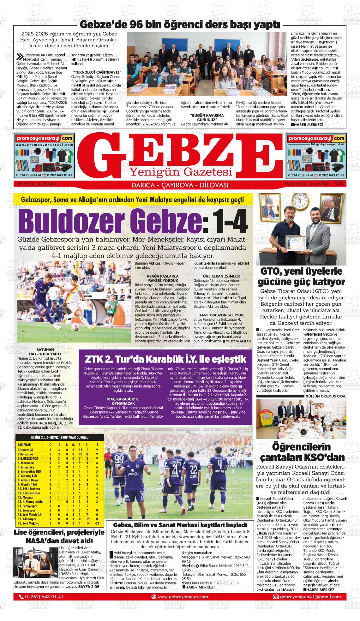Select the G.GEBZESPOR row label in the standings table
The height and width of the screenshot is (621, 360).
click(x=28, y=458)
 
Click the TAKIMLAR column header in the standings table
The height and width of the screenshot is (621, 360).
click(x=24, y=445)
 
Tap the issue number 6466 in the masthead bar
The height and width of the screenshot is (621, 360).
click(x=324, y=183)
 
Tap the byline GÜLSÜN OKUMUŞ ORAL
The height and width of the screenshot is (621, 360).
click(x=326, y=396)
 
